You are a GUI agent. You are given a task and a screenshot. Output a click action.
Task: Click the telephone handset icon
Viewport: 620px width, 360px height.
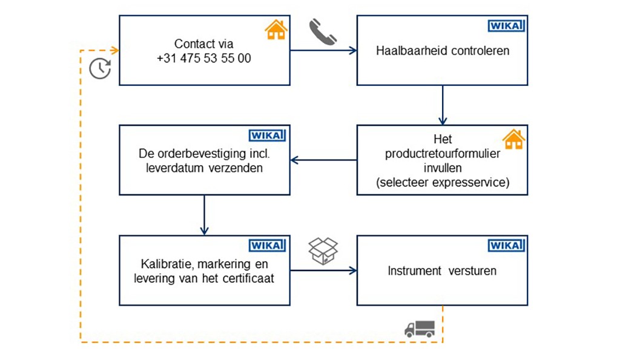[x=323, y=31]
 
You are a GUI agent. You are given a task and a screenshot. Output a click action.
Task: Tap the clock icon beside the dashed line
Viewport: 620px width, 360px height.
[x=100, y=68]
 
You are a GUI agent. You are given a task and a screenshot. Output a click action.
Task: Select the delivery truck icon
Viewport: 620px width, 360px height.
[x=419, y=328]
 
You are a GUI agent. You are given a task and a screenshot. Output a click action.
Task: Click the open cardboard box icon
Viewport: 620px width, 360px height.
[x=323, y=250]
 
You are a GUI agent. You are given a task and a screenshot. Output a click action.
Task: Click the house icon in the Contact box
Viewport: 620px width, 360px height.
[x=276, y=30]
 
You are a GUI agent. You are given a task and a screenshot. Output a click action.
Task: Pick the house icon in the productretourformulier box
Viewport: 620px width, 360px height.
[x=513, y=139]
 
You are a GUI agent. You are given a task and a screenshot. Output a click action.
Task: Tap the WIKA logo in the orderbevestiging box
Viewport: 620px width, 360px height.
[x=267, y=136]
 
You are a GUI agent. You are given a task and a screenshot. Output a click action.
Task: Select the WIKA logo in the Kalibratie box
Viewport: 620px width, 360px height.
[x=267, y=246]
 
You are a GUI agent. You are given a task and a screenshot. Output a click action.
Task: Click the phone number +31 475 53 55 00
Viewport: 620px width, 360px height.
[x=203, y=59]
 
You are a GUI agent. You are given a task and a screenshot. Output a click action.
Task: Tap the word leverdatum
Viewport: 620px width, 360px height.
[x=172, y=168]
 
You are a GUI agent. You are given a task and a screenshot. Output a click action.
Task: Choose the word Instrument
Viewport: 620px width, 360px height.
[x=414, y=270]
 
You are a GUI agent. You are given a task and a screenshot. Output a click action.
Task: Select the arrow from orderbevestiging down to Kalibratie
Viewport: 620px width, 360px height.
[x=204, y=215]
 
